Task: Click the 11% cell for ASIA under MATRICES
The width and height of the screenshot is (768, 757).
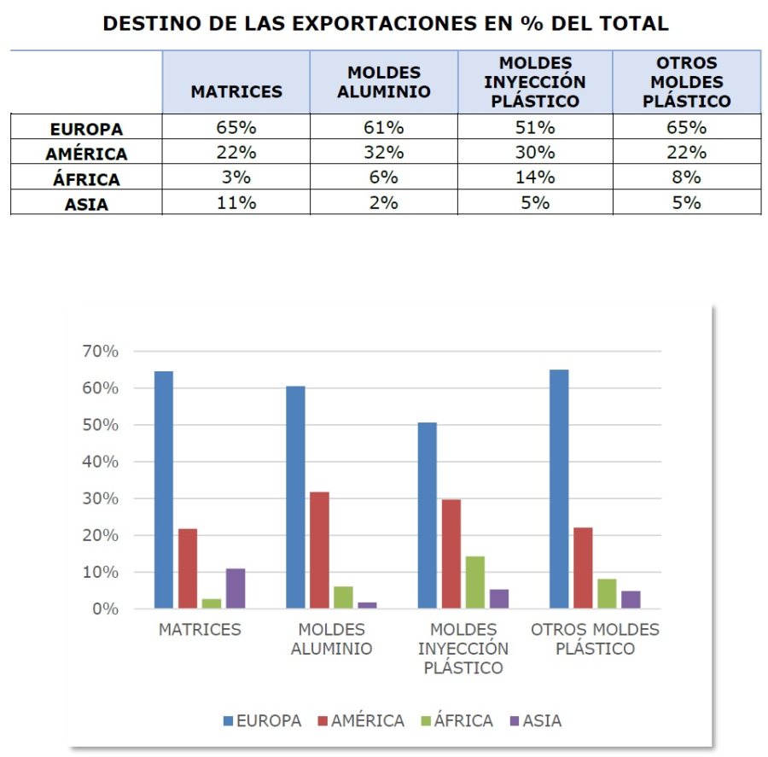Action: pos(236,203)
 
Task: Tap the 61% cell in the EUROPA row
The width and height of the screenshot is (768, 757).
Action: pos(383,128)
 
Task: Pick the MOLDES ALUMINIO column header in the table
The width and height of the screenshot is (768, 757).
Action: pos(383,83)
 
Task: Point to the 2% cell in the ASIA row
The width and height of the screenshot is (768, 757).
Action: pos(383,203)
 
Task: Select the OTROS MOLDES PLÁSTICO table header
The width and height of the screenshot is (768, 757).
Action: pos(686,83)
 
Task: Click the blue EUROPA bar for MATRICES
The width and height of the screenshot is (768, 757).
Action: pos(164,490)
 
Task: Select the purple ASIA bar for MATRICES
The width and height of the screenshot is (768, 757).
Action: pos(236,588)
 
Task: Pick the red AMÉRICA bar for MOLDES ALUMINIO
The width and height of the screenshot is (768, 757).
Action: pos(319,550)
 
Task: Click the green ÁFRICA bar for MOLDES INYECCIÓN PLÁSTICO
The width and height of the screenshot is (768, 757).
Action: pos(474,582)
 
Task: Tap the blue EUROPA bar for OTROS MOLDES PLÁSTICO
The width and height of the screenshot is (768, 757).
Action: pos(559,489)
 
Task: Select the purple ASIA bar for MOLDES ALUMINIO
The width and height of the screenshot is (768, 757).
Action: pos(367,605)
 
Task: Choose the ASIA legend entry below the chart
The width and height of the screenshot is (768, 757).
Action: pos(533,721)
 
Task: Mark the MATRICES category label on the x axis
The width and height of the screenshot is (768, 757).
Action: pos(200,630)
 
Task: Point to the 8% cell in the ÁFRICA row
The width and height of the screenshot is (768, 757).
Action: pos(686,178)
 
